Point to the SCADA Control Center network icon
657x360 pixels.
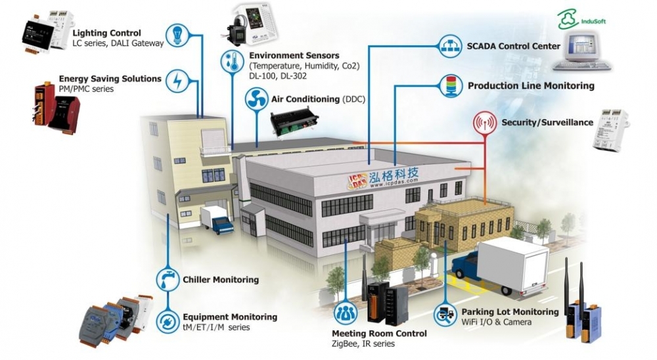point(450,47)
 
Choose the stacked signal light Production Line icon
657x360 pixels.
point(450,86)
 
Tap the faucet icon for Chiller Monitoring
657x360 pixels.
point(167,279)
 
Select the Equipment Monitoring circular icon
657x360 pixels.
point(167,321)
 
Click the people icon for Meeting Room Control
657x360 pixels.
point(346,311)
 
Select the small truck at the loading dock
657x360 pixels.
point(217,219)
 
